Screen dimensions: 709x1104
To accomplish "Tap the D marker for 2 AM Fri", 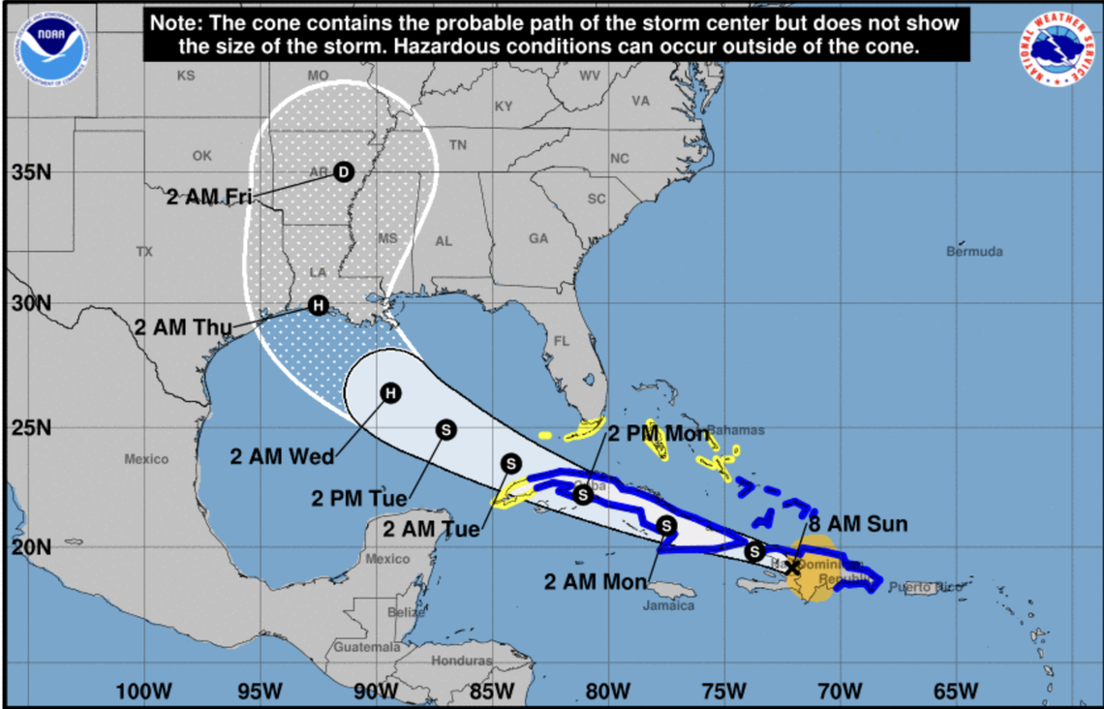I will pos(343,171).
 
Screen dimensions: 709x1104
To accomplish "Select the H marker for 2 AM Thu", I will pos(318,305).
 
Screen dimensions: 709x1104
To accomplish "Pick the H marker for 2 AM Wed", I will pos(389,392).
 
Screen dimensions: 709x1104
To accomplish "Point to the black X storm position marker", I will pos(792,567).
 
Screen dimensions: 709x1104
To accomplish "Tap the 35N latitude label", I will pos(31,173).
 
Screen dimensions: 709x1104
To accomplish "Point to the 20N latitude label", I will pos(31,547).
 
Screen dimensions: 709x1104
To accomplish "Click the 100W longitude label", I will pos(143,691).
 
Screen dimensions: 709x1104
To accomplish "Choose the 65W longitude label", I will pos(957,691).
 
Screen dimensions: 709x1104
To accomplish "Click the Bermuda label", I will pos(974,252).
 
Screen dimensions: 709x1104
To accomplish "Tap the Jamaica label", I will pos(669,605).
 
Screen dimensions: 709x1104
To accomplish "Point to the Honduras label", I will pos(462,661).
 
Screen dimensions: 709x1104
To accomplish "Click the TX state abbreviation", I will pos(144,252).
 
